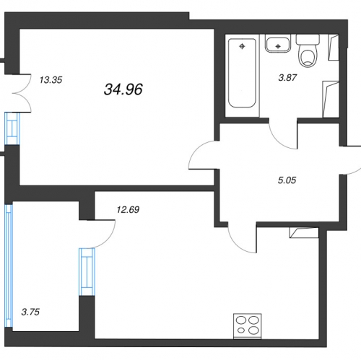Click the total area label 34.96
tap(123, 89)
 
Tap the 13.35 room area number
tap(51, 80)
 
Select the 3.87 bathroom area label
tap(287, 78)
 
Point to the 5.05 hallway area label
tap(287, 180)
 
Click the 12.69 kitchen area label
tap(128, 210)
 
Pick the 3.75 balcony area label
tap(30, 312)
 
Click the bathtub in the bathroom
tap(242, 73)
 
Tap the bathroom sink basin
tap(278, 44)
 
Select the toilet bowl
tap(308, 51)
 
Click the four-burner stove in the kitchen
tap(248, 326)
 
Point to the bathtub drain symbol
tap(242, 46)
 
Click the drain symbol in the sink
tap(278, 46)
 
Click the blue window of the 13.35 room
tap(12, 128)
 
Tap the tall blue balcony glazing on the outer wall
tap(9, 265)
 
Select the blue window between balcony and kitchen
tap(87, 272)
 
